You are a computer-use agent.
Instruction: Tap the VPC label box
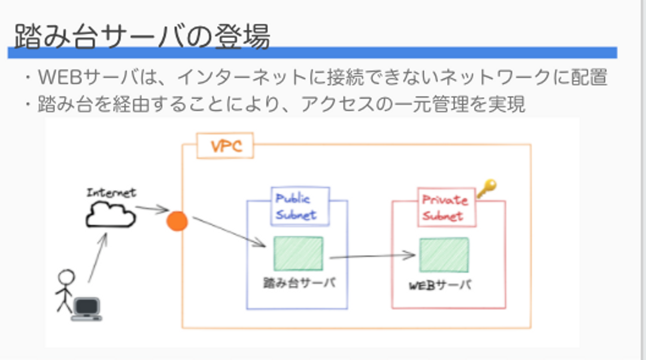pyautogui.click(x=225, y=146)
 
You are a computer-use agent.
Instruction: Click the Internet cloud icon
pyautogui.click(x=110, y=215)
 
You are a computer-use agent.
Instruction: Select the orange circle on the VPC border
pyautogui.click(x=177, y=221)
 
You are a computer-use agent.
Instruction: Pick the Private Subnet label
pyautogui.click(x=446, y=207)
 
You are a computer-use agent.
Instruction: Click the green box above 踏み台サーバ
pyautogui.click(x=298, y=254)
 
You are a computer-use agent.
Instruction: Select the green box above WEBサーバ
pyautogui.click(x=444, y=255)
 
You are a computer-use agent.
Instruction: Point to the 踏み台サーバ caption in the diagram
pyautogui.click(x=299, y=283)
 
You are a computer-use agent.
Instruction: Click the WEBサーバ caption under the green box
pyautogui.click(x=441, y=285)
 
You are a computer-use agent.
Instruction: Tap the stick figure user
pyautogui.click(x=65, y=290)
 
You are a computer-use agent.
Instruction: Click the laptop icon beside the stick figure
pyautogui.click(x=87, y=309)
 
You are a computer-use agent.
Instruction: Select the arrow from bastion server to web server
pyautogui.click(x=372, y=256)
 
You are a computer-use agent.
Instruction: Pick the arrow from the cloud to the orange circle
pyautogui.click(x=152, y=209)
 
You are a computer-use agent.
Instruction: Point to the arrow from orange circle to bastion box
pyautogui.click(x=229, y=232)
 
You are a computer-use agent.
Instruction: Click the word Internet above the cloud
pyautogui.click(x=111, y=193)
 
